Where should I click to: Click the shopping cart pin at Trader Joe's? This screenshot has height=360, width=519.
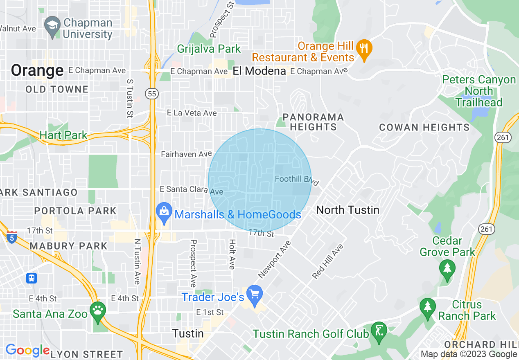[x=255, y=295]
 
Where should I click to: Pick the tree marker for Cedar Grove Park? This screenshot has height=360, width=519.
[x=447, y=269]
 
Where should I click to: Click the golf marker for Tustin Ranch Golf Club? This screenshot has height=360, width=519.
[x=379, y=331]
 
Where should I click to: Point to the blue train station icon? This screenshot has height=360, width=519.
[x=32, y=278]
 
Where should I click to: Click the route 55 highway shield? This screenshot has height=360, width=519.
[x=152, y=94]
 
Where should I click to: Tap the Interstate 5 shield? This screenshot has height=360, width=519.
[x=12, y=237]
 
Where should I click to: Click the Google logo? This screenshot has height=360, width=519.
[x=27, y=350]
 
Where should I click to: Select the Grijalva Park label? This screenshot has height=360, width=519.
[x=209, y=49]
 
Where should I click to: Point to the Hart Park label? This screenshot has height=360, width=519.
[x=63, y=135]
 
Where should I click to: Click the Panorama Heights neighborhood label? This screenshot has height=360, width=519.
[x=313, y=122]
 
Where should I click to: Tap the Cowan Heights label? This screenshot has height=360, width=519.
[x=424, y=127]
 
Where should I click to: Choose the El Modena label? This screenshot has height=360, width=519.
[x=259, y=71]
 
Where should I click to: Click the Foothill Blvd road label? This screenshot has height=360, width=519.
[x=297, y=179]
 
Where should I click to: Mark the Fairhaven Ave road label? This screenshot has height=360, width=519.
[x=186, y=154]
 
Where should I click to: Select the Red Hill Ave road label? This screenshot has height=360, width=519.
[x=327, y=262]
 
